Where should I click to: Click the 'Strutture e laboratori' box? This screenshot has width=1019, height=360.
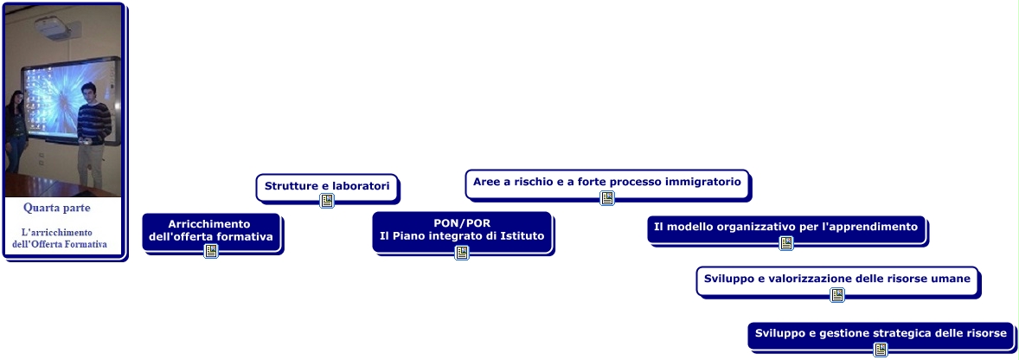327,185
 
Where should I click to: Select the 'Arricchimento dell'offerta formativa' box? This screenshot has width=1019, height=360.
211,230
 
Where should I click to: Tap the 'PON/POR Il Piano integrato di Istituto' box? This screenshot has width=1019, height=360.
463,230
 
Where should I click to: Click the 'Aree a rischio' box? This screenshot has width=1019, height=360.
607,182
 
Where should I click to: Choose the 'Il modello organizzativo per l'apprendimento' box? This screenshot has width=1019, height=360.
785,227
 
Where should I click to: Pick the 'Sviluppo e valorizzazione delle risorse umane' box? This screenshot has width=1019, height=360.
837,279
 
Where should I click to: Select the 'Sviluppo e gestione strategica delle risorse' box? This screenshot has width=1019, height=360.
881,333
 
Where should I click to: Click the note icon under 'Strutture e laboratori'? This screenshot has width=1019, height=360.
327,201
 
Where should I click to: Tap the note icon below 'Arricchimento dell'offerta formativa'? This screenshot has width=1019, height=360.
211,251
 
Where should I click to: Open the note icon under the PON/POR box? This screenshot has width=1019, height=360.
463,253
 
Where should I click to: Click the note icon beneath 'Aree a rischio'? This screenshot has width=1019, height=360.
607,198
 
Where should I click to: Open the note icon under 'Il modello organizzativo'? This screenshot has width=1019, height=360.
786,243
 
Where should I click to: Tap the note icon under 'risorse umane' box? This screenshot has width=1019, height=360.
837,295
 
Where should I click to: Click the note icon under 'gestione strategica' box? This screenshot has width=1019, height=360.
881,350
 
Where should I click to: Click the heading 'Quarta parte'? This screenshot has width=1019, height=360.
57,209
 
